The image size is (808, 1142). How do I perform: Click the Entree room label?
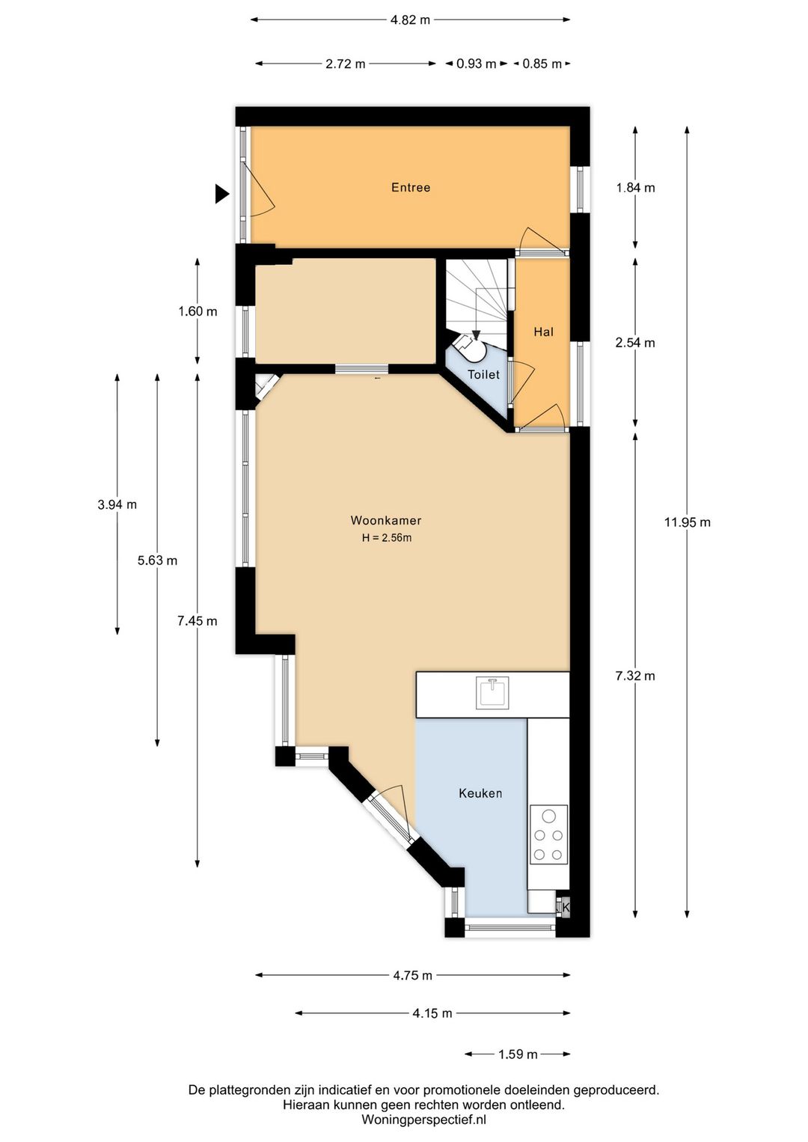[x=411, y=187]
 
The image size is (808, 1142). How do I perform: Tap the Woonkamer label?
[x=386, y=520]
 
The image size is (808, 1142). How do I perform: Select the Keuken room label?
[x=480, y=793]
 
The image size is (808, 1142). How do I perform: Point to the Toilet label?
[x=484, y=374]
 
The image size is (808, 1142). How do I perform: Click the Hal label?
[x=543, y=332]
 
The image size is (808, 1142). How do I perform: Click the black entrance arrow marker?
[x=221, y=194]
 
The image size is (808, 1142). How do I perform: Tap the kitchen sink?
[x=492, y=692]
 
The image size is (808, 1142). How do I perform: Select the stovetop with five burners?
[x=548, y=834]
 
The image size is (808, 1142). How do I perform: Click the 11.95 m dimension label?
[x=688, y=522]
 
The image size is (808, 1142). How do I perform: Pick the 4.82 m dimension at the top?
[x=411, y=20]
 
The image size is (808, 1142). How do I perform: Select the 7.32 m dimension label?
[x=635, y=676]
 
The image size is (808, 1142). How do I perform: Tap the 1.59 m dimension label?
[x=518, y=1054]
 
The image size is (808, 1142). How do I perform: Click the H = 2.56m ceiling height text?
[x=386, y=537]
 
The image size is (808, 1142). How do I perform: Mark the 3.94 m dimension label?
[x=117, y=504]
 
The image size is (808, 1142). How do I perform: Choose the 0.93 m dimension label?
[x=476, y=64]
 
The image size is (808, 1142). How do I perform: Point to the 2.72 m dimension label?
[x=346, y=64]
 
